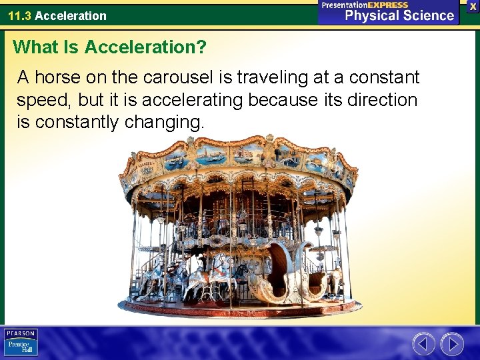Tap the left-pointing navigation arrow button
click(x=423, y=344)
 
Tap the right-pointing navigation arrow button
click(x=452, y=344)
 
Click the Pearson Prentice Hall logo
click(x=21, y=343)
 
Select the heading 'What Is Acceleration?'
click(x=110, y=47)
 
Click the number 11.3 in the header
click(x=19, y=15)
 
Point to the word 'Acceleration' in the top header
click(x=71, y=15)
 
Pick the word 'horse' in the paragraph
click(x=57, y=78)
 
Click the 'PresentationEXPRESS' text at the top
click(x=365, y=5)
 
